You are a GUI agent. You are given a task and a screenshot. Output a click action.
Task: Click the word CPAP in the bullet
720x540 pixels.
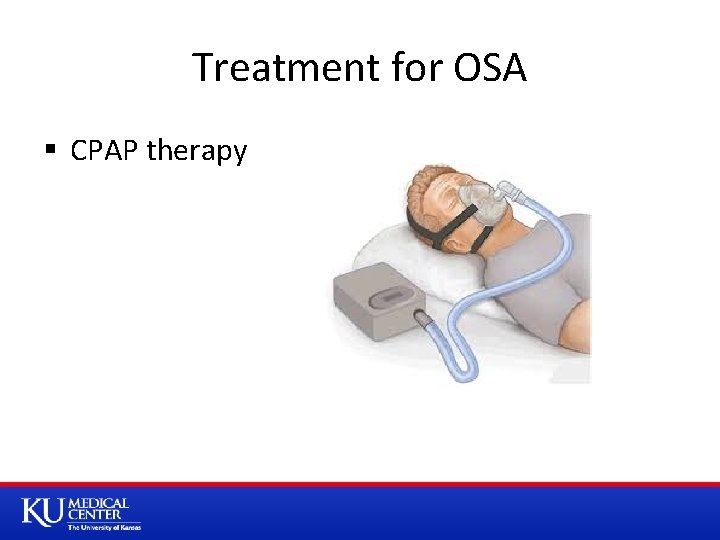click(105, 151)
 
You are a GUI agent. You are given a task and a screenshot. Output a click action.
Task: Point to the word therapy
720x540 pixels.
click(197, 153)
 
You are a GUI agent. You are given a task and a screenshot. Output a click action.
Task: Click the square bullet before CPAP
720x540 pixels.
click(50, 152)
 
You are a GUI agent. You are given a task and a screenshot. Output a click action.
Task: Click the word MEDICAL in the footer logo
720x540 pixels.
click(98, 504)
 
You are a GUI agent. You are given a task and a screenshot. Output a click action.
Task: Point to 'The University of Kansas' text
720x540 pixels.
click(104, 527)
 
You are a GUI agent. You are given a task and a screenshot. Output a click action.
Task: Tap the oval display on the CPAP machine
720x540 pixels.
click(388, 297)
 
